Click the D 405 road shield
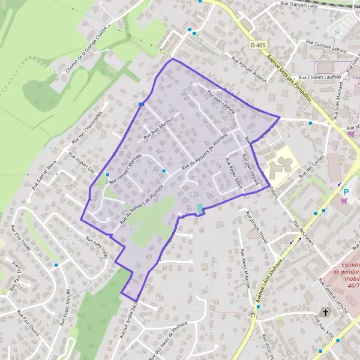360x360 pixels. tap(258, 45)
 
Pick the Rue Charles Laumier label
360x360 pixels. tap(320, 77)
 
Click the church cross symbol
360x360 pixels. tap(326, 313)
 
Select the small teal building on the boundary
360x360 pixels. tap(200, 208)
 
